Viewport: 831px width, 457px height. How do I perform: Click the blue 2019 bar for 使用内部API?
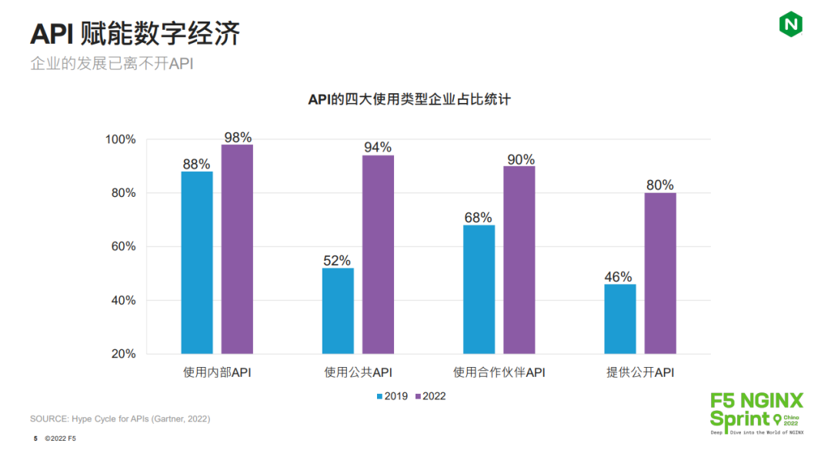[197, 262]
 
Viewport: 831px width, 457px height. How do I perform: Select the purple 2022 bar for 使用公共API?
[378, 255]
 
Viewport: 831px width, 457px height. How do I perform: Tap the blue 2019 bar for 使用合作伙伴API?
[479, 289]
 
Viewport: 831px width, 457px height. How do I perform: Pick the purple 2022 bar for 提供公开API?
[660, 273]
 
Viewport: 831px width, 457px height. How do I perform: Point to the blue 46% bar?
[619, 319]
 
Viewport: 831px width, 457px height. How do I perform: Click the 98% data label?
[238, 138]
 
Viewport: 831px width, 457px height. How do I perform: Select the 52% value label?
[337, 261]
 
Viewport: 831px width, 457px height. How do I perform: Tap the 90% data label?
[520, 159]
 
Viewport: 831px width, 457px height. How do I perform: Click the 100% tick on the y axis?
[120, 139]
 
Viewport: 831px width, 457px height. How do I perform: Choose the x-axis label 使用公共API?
[358, 373]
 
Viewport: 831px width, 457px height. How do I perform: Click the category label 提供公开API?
[640, 373]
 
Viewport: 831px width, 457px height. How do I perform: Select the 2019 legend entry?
[392, 396]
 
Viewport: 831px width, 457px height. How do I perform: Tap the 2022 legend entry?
[430, 396]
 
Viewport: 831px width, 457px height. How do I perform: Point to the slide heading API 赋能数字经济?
[135, 34]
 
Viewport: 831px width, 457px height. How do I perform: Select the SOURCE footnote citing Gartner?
[120, 419]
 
